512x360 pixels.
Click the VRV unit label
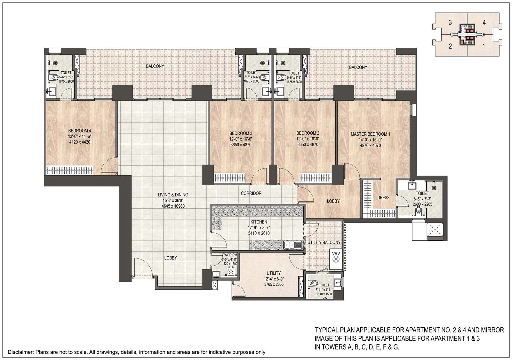point(336,253)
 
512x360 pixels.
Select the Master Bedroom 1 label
point(370,134)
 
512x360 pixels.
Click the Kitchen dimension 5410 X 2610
point(259,233)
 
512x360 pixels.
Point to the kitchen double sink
point(293,245)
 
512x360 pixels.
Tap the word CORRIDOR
point(251,193)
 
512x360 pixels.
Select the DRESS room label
point(383,197)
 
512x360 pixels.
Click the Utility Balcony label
point(324,242)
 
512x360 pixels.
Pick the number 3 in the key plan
point(450,23)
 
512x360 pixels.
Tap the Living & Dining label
point(173,195)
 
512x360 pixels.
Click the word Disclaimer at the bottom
point(20,352)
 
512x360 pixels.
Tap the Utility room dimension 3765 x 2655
point(274,284)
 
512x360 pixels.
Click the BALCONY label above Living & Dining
point(155,66)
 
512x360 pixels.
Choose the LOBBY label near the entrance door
point(170,258)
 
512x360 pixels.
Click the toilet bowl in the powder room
point(231,272)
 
